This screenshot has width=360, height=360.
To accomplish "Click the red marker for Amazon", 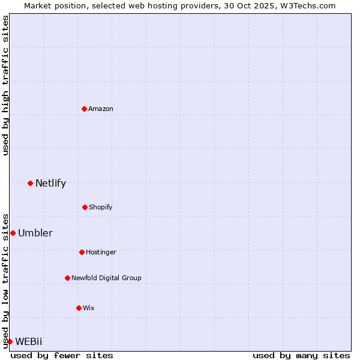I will (84, 109).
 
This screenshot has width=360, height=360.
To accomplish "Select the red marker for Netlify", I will (30, 183).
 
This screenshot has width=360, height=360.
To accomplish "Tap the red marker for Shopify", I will (85, 207).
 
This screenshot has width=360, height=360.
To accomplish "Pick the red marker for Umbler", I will (13, 233).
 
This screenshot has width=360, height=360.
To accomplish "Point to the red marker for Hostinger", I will (82, 252).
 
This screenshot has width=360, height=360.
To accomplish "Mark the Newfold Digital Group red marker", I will (67, 278).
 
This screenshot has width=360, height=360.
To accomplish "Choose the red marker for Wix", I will (79, 308).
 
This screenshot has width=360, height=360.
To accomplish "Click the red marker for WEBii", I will (10, 341).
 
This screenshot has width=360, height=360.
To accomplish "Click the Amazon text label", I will (101, 109).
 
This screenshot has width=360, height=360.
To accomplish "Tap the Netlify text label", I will (50, 183).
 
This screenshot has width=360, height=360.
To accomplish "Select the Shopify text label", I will (101, 207).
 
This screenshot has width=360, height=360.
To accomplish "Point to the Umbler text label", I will (35, 233).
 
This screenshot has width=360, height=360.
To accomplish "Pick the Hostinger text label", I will (101, 252).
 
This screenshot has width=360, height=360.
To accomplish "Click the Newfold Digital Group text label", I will (106, 278).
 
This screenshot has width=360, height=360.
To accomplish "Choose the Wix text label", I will (89, 308).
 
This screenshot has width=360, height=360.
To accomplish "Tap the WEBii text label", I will (29, 341).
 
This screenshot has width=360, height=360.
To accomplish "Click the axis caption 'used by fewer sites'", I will (62, 355).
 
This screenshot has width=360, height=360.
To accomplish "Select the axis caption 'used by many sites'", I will (301, 355).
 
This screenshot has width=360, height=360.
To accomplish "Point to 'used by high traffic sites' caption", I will (5, 85).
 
